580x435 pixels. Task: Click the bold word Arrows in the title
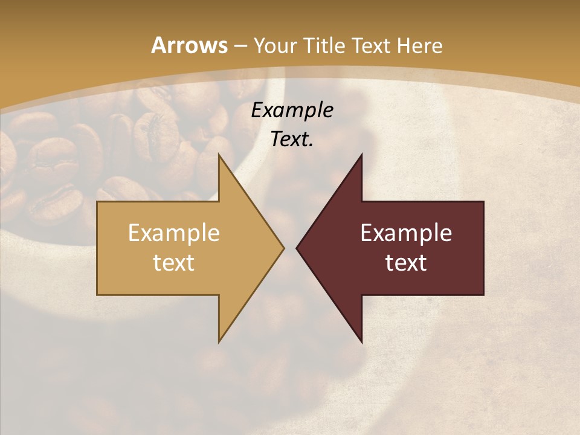[x=189, y=45]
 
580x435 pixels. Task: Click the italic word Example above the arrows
[x=292, y=110]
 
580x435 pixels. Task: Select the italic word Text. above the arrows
[x=292, y=139]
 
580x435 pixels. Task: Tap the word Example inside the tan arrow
[x=174, y=233]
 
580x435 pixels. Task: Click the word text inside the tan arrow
[x=174, y=262]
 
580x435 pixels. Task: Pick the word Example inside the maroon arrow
[x=406, y=233]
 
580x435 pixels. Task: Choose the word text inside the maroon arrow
[x=406, y=262]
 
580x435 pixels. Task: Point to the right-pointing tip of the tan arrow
[x=284, y=248]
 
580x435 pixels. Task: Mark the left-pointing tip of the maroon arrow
[x=296, y=248]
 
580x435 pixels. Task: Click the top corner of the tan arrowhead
[x=219, y=153]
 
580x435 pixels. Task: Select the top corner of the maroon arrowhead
[x=362, y=153]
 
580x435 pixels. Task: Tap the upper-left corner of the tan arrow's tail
[x=97, y=202]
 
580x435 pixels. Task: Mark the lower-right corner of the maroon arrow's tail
[x=483, y=294]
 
